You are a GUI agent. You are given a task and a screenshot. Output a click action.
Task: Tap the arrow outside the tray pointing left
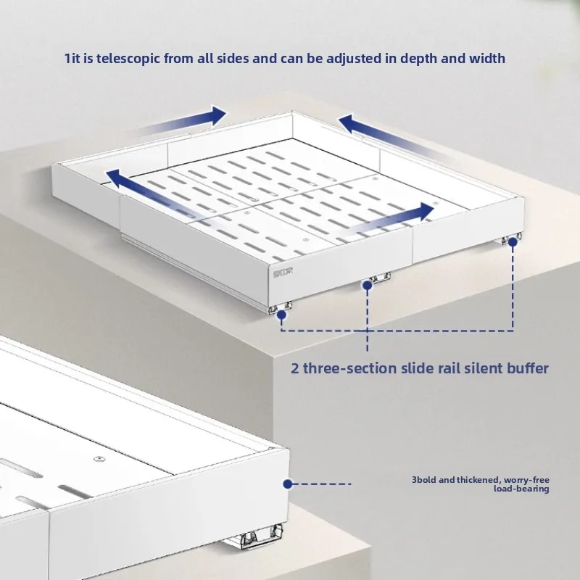[391, 134]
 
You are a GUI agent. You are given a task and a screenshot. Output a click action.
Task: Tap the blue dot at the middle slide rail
[368, 286]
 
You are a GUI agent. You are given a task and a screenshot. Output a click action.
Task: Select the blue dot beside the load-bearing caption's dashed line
[288, 483]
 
